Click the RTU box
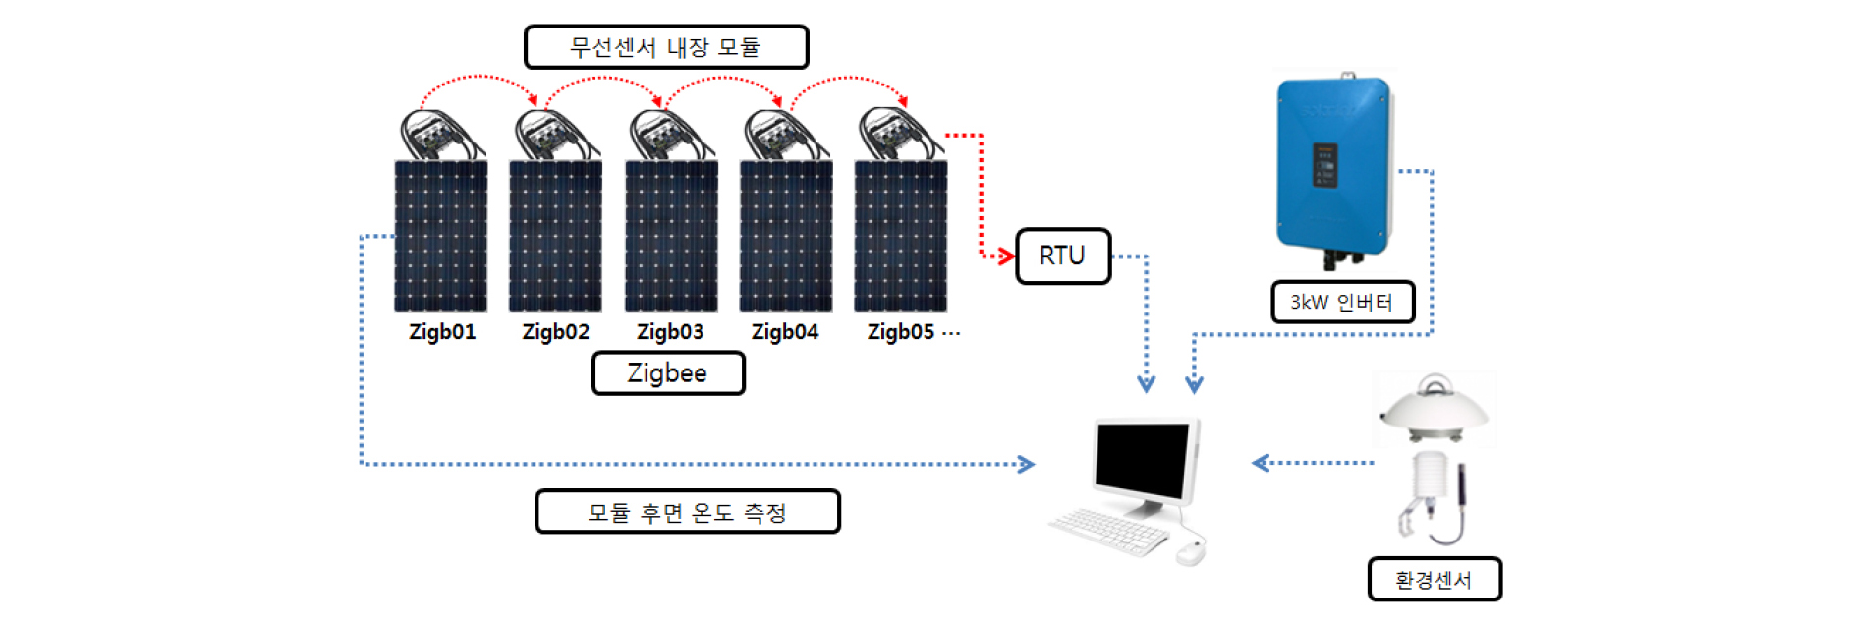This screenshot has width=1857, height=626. [x=1063, y=256]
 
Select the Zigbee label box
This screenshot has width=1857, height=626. [x=668, y=373]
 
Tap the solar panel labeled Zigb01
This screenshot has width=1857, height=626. [x=441, y=236]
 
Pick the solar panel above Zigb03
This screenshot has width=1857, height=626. [x=671, y=236]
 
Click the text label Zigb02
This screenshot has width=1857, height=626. [x=556, y=332]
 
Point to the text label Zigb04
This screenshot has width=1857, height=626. [x=785, y=332]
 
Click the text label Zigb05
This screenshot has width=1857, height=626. [x=901, y=332]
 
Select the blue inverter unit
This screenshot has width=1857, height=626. [x=1334, y=167]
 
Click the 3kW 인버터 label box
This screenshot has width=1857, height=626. [x=1342, y=302]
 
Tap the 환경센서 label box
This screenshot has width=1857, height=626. [x=1435, y=580]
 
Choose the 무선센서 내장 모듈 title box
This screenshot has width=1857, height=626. [x=666, y=47]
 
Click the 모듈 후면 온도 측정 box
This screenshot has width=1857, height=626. [x=688, y=512]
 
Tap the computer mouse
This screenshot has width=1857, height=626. [x=1191, y=552]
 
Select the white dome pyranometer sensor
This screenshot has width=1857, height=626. [x=1435, y=408]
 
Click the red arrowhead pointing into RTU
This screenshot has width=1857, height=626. [x=1006, y=256]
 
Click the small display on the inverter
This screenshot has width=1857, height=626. [x=1325, y=165]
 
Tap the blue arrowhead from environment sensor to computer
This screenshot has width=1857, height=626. [x=1261, y=463]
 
